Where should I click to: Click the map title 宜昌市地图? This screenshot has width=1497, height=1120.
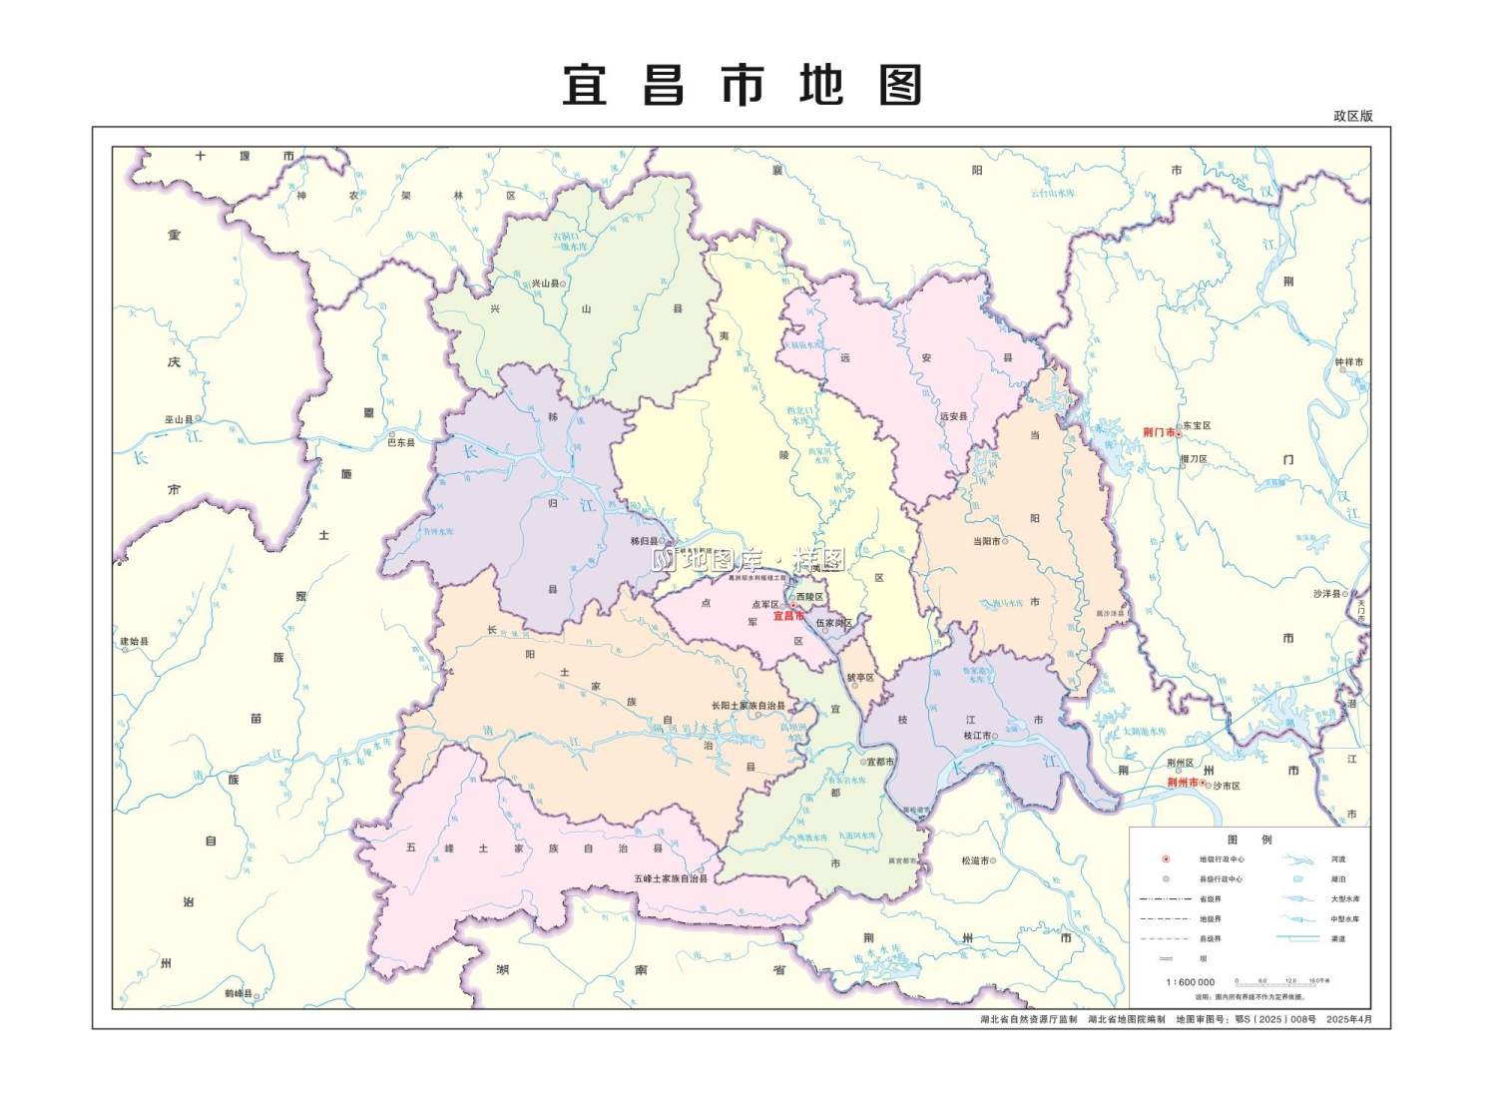coord(742,86)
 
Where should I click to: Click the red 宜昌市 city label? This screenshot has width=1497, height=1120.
coord(787,616)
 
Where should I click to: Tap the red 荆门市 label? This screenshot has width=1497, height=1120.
coord(1158,432)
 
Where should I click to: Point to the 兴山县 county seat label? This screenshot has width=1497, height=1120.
coord(545,283)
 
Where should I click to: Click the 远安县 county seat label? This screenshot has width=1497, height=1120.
coord(953,416)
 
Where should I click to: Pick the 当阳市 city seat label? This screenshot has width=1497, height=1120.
coord(986,541)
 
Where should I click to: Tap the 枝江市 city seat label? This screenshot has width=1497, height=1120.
coord(977,736)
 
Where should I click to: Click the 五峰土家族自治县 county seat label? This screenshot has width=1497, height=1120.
coord(671,878)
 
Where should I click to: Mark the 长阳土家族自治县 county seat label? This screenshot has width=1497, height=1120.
coord(748,706)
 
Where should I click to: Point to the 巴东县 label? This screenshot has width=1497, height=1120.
coord(401,442)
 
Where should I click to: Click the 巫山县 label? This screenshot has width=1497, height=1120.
coord(179,419)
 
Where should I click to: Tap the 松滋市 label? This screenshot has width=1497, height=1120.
coord(975,860)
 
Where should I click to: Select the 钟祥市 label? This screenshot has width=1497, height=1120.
coord(1348,362)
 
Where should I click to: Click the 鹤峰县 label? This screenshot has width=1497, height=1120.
coord(238,993)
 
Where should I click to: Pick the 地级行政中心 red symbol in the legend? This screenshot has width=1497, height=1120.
coord(1166,858)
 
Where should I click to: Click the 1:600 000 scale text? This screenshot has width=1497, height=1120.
coord(1190,982)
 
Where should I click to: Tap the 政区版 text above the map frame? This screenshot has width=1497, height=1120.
coord(1353,116)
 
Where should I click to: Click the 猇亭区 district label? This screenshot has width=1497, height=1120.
coord(860,678)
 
